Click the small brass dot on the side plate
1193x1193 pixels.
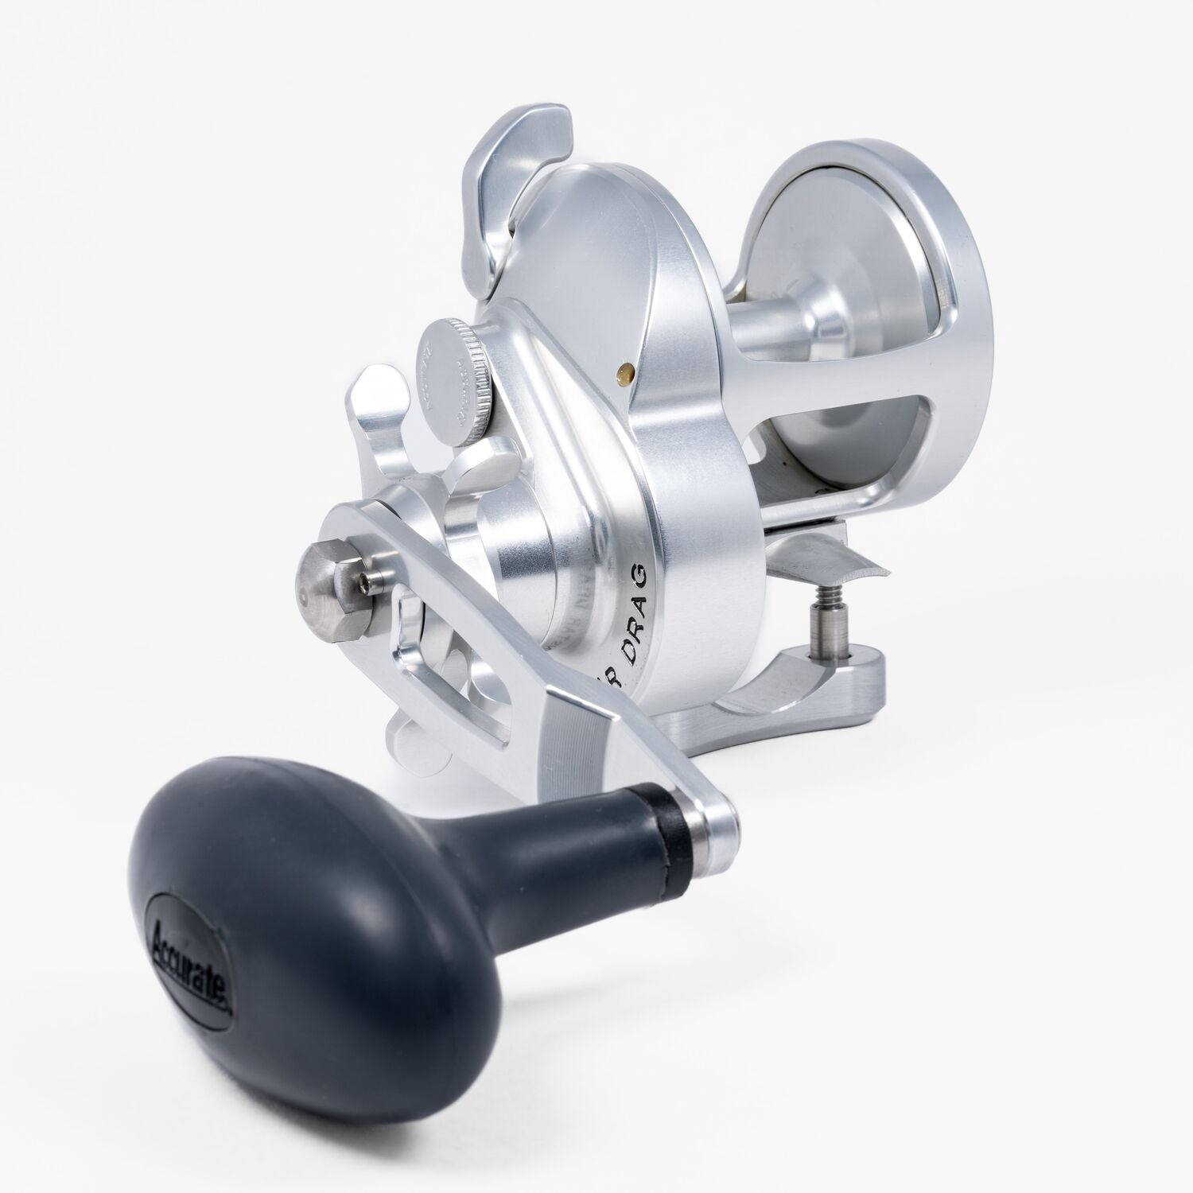click(x=626, y=368)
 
